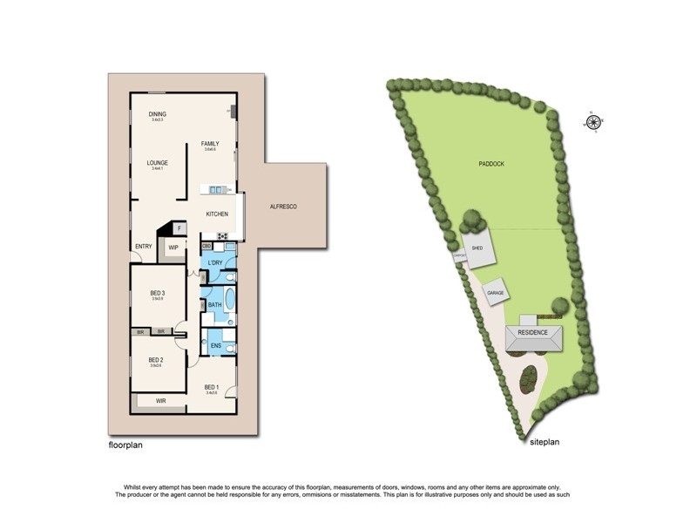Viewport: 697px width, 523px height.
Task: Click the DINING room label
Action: (x=157, y=114)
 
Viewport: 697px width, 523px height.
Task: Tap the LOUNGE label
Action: (x=157, y=162)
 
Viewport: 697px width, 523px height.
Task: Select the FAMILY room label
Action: (x=210, y=144)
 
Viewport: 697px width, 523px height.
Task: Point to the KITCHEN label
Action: (x=217, y=214)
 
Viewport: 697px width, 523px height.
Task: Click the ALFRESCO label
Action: (x=284, y=206)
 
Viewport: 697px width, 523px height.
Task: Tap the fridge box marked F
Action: (x=179, y=228)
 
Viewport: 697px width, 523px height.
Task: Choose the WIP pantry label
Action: (x=173, y=247)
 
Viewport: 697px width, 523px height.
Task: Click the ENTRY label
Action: (x=143, y=247)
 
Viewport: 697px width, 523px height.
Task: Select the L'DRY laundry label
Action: (x=217, y=263)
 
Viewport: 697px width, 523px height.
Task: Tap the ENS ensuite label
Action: (x=214, y=346)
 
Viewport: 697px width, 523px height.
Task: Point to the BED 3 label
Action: (x=158, y=293)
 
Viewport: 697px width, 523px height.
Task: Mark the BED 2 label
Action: (x=156, y=360)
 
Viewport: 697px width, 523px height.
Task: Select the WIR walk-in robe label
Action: (x=160, y=402)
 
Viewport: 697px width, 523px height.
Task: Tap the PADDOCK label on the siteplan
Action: (x=491, y=164)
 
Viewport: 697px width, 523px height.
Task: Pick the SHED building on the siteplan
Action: (x=478, y=250)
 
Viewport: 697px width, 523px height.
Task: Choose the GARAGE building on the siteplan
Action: (x=497, y=294)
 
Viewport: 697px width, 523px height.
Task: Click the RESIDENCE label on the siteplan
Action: (x=532, y=333)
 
